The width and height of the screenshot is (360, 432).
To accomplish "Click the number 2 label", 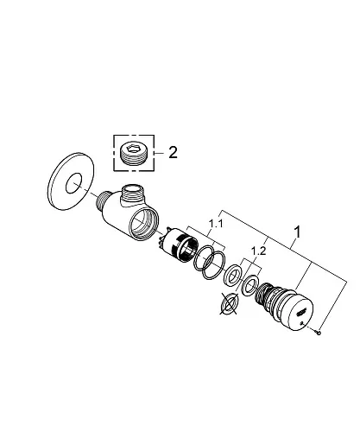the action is [173, 152].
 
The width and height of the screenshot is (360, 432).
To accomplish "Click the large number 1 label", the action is [298, 232].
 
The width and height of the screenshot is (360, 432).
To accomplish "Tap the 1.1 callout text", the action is [216, 223].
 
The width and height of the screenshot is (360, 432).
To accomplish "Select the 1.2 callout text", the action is [258, 251].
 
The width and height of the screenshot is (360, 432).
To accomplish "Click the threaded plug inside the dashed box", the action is [134, 154].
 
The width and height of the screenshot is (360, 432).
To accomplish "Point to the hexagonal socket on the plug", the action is [133, 149].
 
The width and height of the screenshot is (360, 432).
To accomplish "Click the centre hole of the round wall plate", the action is [74, 183].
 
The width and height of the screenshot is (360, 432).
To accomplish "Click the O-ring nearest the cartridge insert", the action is [204, 257].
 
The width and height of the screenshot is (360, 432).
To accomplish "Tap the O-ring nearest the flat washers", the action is [213, 264].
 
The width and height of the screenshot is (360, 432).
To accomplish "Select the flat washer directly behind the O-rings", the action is [232, 275].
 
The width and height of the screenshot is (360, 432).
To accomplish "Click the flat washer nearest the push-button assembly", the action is [250, 285].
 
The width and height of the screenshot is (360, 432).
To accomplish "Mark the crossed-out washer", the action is [229, 304].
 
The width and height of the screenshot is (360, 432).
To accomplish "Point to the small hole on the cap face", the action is [301, 323].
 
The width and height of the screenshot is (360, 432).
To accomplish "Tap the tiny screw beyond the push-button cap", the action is [319, 333].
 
